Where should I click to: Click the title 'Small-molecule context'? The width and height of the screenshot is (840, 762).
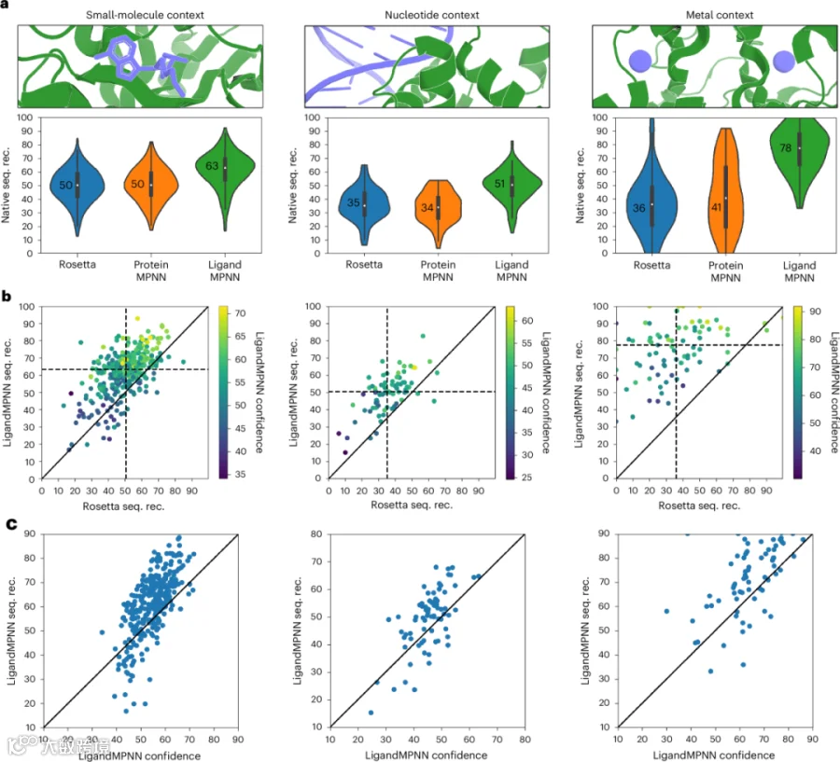[145, 15]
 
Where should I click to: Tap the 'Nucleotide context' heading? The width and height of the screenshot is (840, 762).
[432, 15]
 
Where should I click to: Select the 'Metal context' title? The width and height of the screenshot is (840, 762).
[720, 15]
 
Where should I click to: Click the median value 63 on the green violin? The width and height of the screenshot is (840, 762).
[212, 166]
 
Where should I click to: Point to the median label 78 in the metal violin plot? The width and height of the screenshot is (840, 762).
[785, 147]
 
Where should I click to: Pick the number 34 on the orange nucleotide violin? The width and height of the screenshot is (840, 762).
[427, 207]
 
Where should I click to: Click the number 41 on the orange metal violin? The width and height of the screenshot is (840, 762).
[716, 207]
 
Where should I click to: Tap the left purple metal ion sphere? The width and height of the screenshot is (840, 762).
[639, 62]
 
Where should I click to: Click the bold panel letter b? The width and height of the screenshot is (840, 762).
[7, 296]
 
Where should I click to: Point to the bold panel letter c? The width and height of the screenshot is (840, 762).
[11, 524]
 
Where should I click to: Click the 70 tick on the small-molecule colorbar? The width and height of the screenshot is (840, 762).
[240, 313]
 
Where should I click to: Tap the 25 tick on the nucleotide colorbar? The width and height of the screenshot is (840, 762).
[527, 478]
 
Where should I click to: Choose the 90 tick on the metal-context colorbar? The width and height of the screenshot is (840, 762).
[815, 312]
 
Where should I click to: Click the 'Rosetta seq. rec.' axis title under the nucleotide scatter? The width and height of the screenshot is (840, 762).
[412, 505]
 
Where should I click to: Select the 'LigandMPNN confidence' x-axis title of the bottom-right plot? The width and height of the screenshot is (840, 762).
[714, 755]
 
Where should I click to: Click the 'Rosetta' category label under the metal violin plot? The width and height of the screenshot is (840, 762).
[651, 265]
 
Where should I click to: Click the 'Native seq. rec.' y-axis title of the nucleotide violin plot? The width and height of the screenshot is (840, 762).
[292, 186]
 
